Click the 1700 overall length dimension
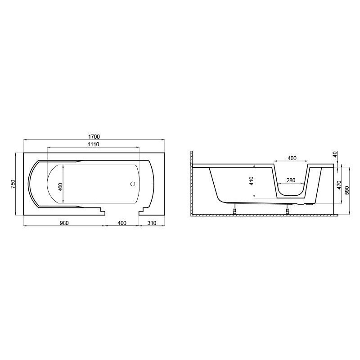[x=94, y=137]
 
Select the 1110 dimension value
[x=94, y=144]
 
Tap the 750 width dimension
[x=13, y=184]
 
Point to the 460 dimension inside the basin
[x=60, y=188]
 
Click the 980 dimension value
[x=64, y=223]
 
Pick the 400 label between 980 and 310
[x=122, y=223]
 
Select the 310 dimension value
[x=152, y=223]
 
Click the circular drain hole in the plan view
[x=132, y=184]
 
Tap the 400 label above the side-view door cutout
[x=292, y=158]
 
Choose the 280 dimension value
[x=291, y=180]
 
